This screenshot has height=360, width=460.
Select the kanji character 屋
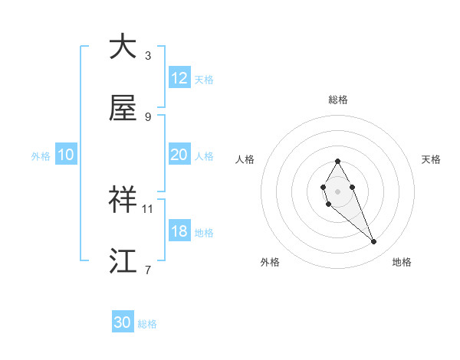tap(123, 108)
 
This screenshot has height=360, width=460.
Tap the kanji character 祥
tap(123, 199)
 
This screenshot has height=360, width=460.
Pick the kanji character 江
tap(123, 260)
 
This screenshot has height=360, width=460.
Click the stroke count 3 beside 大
tap(148, 56)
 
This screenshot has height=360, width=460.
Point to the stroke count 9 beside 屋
tap(148, 117)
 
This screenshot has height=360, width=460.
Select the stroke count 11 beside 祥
tap(148, 208)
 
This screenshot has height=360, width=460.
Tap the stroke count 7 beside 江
tap(148, 270)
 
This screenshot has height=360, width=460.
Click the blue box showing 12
tap(179, 78)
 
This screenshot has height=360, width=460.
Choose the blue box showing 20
tap(179, 155)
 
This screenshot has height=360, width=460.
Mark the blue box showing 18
tap(179, 231)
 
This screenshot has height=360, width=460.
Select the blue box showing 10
tap(66, 155)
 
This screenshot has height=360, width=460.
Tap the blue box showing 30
tap(123, 322)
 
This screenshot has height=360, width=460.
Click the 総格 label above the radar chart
tap(338, 100)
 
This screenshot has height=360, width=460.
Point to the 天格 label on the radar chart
tap(431, 159)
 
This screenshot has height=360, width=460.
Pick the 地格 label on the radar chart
tap(402, 262)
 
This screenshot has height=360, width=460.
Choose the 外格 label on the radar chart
tap(270, 262)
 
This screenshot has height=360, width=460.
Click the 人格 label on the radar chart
tap(245, 159)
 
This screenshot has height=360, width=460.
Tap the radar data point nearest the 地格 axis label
tap(374, 242)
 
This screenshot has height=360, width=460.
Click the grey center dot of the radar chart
tap(337, 191)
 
